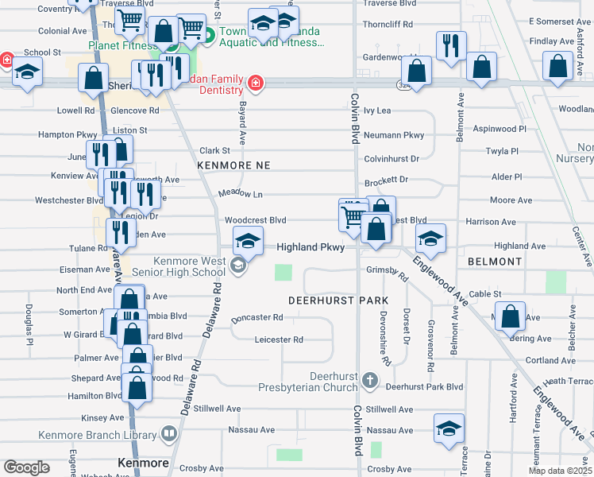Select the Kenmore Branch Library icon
(x=169, y=434)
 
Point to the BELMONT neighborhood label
(x=495, y=262)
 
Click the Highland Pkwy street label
(x=310, y=247)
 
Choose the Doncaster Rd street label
(x=256, y=318)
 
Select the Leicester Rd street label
(x=279, y=340)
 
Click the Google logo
(x=27, y=467)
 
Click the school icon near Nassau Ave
(x=449, y=428)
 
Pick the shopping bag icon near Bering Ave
(x=511, y=317)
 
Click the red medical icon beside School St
(x=6, y=60)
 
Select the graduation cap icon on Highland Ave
(x=430, y=237)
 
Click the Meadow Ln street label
(x=240, y=194)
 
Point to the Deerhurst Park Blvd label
(x=423, y=387)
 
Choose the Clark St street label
(x=214, y=150)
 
